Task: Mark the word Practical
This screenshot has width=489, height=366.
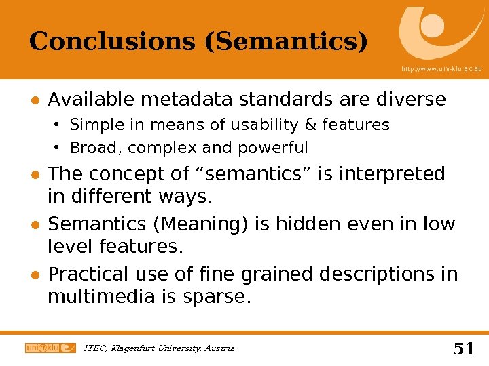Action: [x=88, y=274]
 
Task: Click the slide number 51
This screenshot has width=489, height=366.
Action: [x=464, y=349]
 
